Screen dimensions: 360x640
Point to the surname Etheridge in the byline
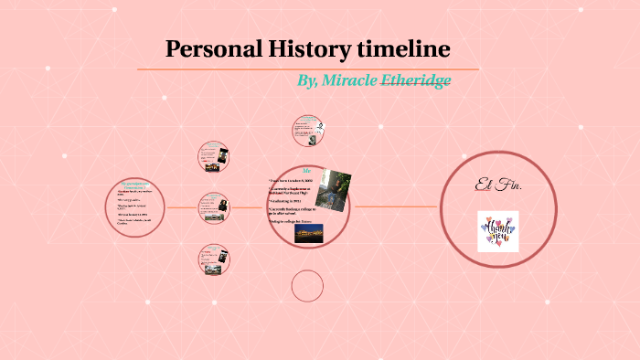pos(415,80)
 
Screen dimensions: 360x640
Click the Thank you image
pos(497,231)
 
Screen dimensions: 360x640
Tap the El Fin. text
pos(498,186)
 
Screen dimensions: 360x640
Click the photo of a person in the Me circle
pos(334,188)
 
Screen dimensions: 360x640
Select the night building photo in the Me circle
pos(308,234)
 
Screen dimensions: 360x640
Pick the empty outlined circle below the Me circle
pos(307,286)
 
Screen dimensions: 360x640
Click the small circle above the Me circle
pos(306,131)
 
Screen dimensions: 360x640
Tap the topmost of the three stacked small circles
pos(214,156)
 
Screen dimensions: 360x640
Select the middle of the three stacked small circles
pos(214,208)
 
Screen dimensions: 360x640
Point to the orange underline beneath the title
pos(308,69)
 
